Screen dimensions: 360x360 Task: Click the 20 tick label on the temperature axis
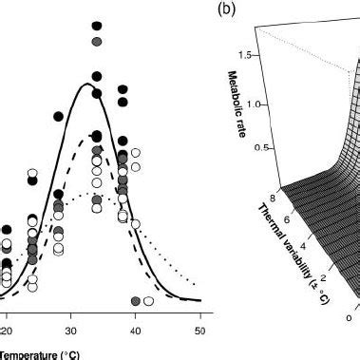tap(7, 331)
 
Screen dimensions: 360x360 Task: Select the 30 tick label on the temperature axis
tap(70, 331)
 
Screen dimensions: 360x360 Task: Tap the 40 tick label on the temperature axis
tap(135, 331)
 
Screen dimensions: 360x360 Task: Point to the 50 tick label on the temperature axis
tap(199, 331)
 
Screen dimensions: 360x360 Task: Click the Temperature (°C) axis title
tap(38, 353)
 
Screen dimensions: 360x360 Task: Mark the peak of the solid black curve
tap(88, 85)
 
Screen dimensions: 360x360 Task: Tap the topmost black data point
tap(96, 28)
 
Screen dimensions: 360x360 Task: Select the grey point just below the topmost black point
tap(96, 43)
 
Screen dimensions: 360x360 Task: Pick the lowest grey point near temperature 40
tap(136, 300)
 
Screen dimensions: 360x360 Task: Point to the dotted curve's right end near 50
tap(195, 282)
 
